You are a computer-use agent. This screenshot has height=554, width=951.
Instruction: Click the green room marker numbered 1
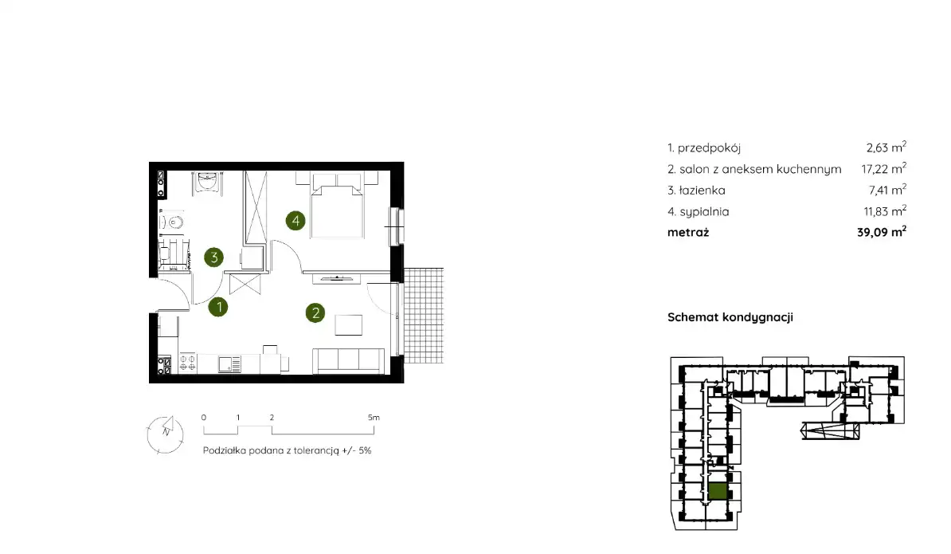tap(218, 307)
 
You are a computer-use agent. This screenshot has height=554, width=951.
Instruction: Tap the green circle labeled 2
tap(315, 313)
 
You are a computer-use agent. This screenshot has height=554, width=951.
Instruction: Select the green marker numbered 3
tap(214, 257)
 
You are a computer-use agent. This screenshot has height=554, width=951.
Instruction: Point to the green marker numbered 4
tap(295, 220)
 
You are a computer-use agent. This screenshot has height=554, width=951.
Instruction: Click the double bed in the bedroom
tap(337, 205)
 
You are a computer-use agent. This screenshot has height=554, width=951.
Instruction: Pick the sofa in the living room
tap(348, 361)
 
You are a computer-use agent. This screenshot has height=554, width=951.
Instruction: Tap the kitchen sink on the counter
tap(229, 364)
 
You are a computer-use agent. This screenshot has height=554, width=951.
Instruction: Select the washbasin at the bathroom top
tap(207, 181)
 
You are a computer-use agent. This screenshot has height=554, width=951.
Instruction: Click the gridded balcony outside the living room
tap(424, 316)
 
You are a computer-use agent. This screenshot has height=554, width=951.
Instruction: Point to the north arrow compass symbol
tap(165, 434)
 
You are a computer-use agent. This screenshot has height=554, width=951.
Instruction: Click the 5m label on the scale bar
tap(374, 418)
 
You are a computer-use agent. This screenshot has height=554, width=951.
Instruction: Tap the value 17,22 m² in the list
tap(883, 169)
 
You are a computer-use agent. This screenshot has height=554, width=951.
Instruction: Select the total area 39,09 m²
tap(882, 232)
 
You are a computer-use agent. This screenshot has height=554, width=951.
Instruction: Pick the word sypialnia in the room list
tap(704, 212)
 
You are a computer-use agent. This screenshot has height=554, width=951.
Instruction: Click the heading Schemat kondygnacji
tap(730, 316)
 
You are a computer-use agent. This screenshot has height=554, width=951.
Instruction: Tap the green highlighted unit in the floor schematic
tap(718, 492)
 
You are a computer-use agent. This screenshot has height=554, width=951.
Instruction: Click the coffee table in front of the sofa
tap(349, 324)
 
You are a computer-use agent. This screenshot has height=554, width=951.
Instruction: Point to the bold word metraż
tap(688, 233)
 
